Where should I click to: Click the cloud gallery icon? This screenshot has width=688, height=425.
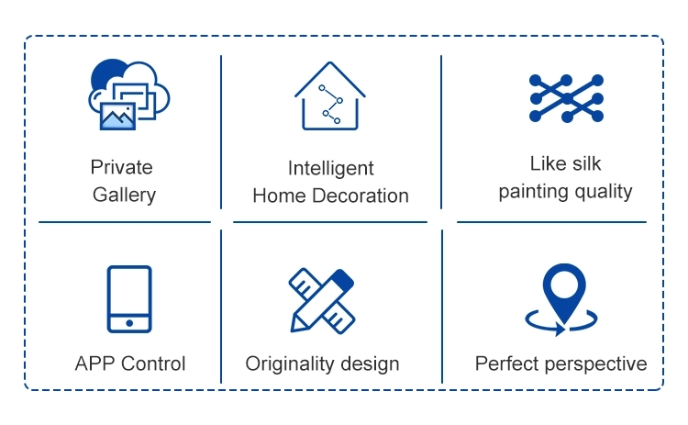(x=129, y=95)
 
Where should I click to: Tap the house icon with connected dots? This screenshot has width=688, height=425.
(x=330, y=95)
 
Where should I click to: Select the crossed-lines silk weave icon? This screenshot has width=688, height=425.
(x=567, y=98)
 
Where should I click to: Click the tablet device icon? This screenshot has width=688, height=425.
(x=129, y=299)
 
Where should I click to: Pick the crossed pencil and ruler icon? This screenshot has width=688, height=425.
(x=322, y=301)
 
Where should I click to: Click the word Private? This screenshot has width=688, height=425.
(x=121, y=167)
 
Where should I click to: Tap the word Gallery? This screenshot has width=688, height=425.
(x=124, y=195)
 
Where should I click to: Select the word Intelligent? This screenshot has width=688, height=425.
(x=331, y=169)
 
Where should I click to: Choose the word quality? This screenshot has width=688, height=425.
(x=604, y=192)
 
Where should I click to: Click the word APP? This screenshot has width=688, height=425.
(x=95, y=363)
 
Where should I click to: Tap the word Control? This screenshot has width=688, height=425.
(x=153, y=363)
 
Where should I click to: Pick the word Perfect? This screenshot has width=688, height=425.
(x=505, y=364)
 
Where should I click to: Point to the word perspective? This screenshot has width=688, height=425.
(x=594, y=364)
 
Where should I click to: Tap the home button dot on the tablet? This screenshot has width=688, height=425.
(x=129, y=323)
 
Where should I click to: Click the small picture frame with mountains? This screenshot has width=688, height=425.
(x=117, y=116)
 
